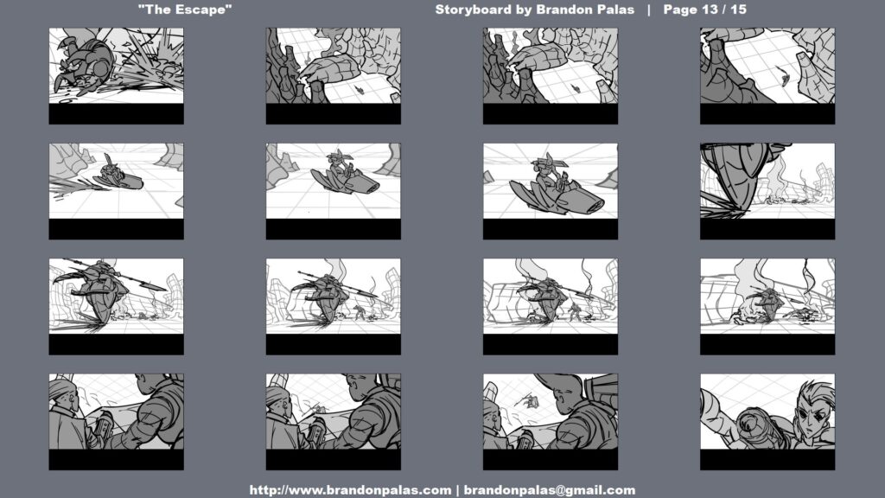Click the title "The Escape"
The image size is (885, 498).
185,10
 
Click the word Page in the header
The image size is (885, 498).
679,10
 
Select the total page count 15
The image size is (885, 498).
738,10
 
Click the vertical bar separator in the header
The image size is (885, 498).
649,10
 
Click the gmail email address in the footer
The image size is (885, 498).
549,490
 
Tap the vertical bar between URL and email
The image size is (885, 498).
457,490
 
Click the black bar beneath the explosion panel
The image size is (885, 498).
117,113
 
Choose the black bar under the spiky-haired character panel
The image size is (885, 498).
767,460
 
